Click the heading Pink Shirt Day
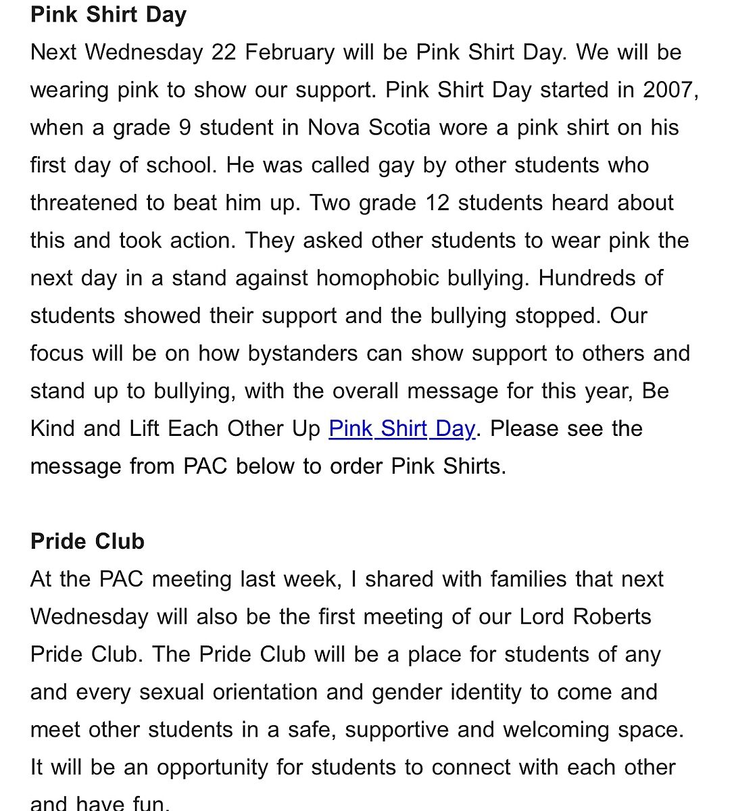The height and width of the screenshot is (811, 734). (108, 15)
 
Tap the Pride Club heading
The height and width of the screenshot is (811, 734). (87, 541)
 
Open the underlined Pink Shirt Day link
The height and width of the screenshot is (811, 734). (401, 428)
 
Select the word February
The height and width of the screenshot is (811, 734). (289, 53)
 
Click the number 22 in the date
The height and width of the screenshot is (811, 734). (224, 53)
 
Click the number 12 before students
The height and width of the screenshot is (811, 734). (437, 203)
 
